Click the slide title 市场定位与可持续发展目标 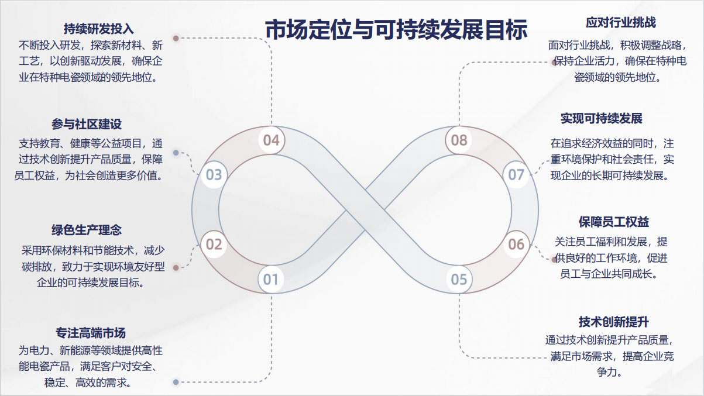pyautogui.click(x=396, y=29)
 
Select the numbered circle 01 pyautogui.click(x=270, y=280)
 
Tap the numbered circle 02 pyautogui.click(x=214, y=244)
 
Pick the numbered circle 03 pyautogui.click(x=214, y=174)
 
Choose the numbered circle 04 pyautogui.click(x=271, y=140)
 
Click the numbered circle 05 pyautogui.click(x=459, y=280)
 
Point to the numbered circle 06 pyautogui.click(x=516, y=244)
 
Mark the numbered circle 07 pyautogui.click(x=516, y=174)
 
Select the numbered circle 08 pyautogui.click(x=459, y=140)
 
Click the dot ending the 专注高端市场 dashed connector pyautogui.click(x=176, y=383)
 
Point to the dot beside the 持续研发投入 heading pyautogui.click(x=176, y=38)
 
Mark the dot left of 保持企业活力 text pyautogui.click(x=554, y=62)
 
